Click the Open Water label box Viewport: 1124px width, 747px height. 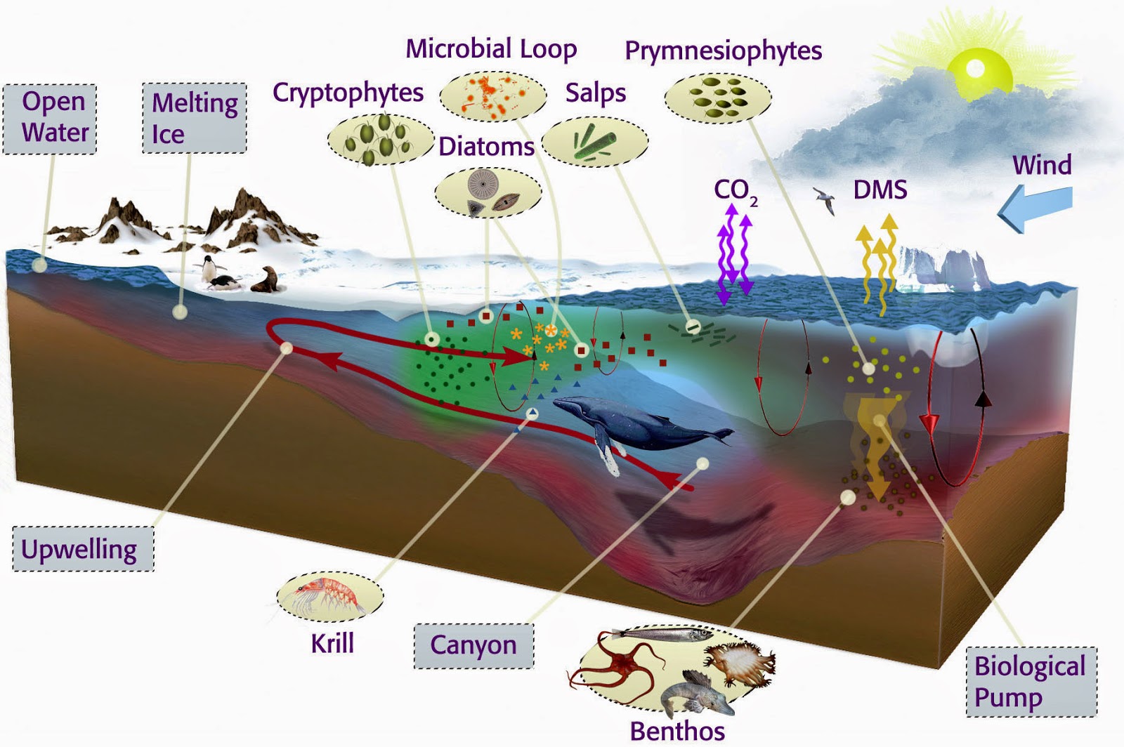coord(50,118)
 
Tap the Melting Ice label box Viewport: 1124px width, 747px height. coord(195,118)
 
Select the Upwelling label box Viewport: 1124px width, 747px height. coord(83,549)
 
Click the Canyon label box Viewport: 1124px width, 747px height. coord(473,645)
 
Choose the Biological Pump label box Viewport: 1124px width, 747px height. coord(1031,682)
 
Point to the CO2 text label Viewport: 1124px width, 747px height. coord(735,190)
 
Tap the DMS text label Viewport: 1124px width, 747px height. coord(880,190)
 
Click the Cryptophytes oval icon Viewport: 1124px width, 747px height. coord(380,139)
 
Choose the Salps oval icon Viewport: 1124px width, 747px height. coord(594,142)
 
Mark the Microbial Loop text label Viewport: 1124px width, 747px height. coord(491,49)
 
